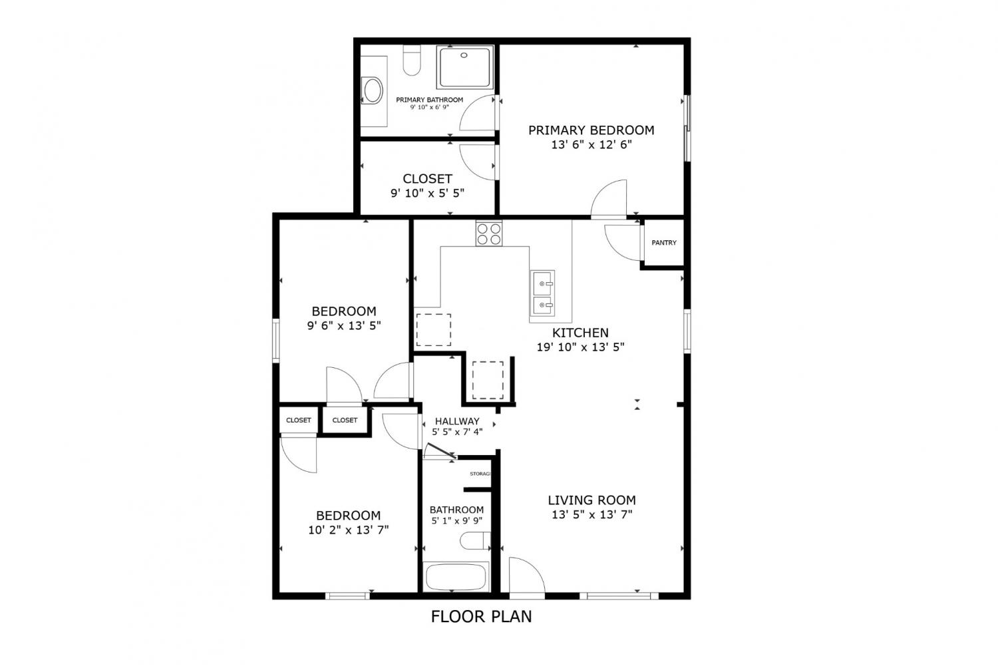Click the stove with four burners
click(489, 234)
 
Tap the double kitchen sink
click(542, 293)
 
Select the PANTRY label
click(664, 243)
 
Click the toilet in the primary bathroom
click(412, 60)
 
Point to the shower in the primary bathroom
click(465, 67)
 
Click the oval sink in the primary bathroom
click(373, 90)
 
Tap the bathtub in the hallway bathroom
click(456, 577)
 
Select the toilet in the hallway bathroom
click(475, 542)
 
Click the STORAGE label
click(480, 474)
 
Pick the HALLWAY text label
click(457, 421)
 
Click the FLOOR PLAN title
click(481, 617)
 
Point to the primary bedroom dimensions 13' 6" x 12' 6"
click(591, 145)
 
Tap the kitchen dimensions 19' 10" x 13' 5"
click(580, 347)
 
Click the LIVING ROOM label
click(591, 500)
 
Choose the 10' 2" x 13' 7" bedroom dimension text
click(349, 530)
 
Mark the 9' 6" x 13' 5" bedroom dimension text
click(344, 325)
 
